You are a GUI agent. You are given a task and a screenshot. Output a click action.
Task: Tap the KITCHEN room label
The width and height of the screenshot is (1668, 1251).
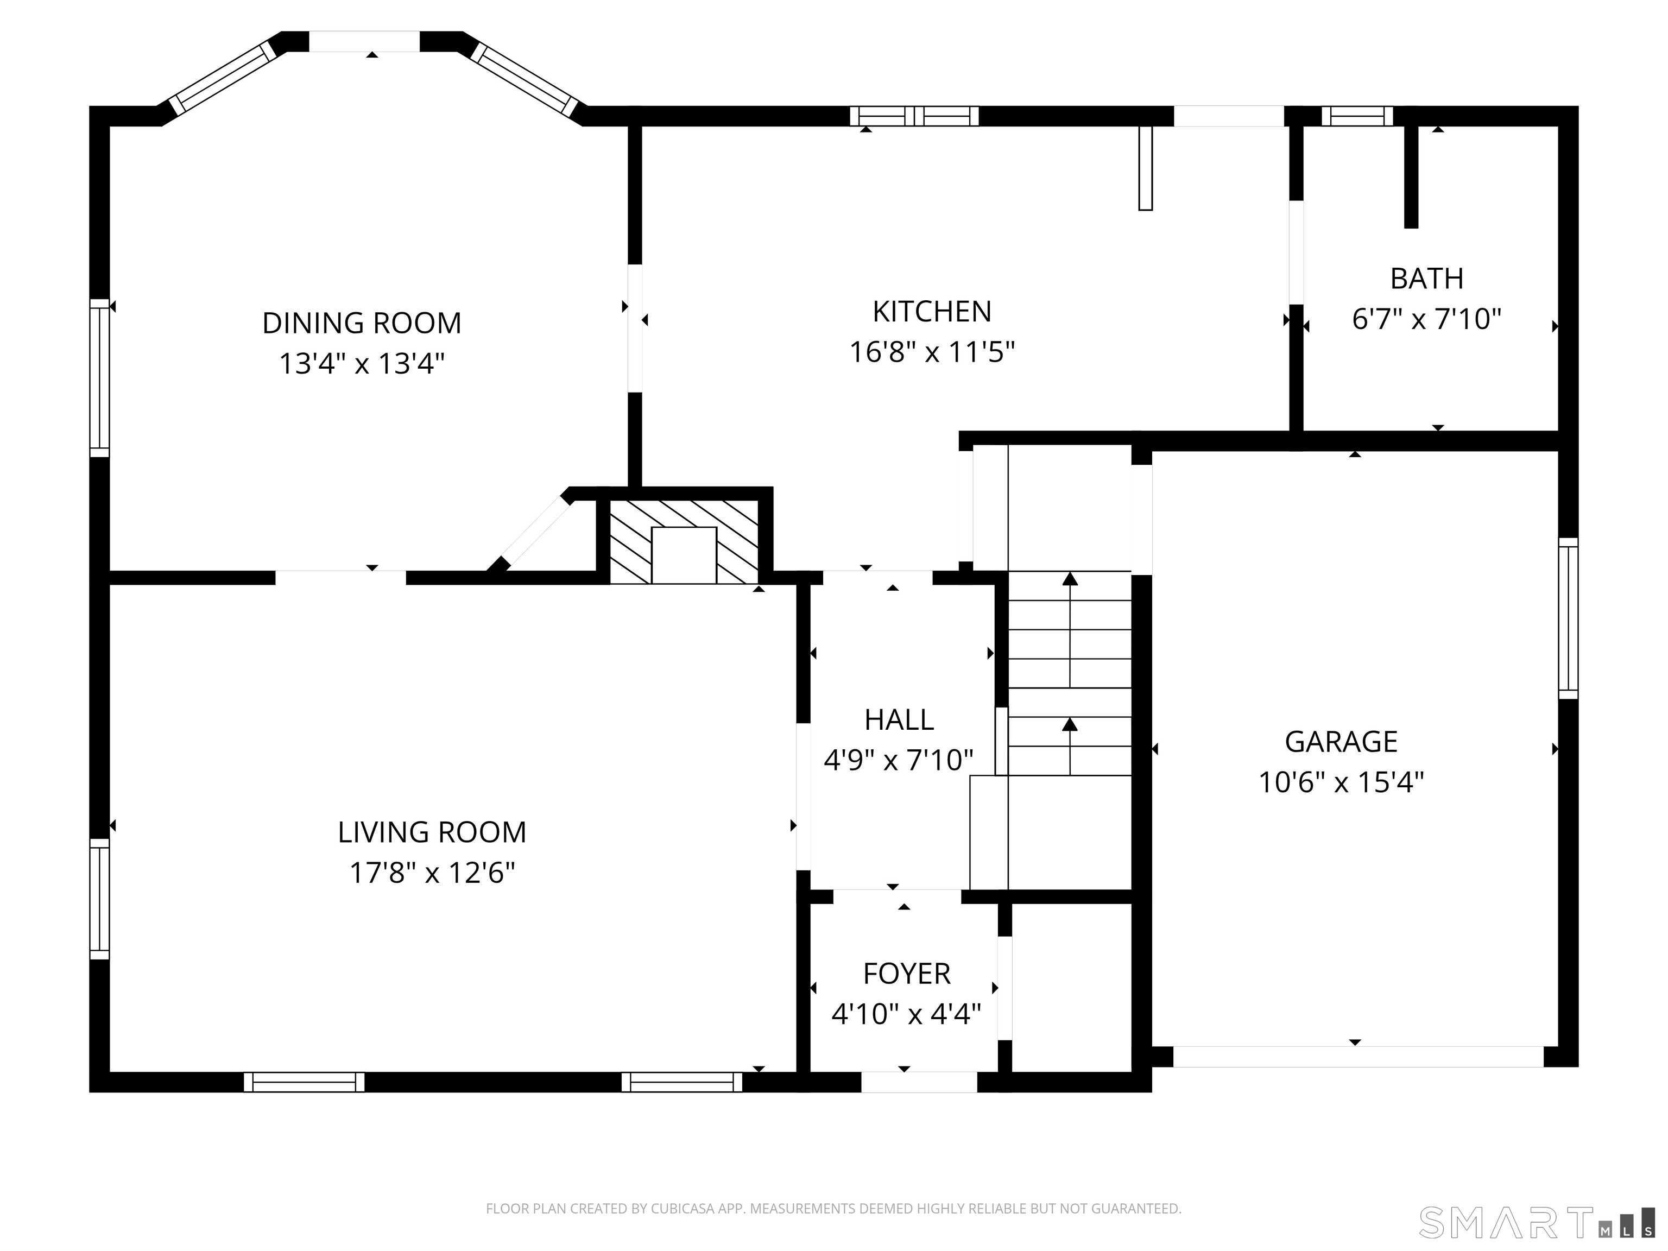[x=932, y=312]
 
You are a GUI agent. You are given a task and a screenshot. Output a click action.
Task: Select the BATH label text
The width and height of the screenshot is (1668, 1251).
[x=1427, y=279]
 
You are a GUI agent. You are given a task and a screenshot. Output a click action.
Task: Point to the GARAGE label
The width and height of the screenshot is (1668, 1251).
[x=1341, y=742]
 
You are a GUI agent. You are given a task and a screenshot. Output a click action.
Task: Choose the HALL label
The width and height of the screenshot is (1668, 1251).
[x=899, y=720]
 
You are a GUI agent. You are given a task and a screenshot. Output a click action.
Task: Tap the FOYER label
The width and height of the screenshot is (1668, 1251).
[x=906, y=974]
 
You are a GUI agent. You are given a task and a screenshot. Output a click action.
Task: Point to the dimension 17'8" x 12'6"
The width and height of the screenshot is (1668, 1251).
[x=432, y=873]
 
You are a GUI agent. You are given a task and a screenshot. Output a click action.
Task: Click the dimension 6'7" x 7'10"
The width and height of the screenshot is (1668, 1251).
[x=1427, y=319]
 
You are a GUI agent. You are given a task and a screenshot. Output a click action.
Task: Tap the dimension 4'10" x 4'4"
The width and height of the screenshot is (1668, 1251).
[x=906, y=1014]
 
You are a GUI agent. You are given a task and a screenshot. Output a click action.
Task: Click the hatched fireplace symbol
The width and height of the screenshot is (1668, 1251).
[x=684, y=541]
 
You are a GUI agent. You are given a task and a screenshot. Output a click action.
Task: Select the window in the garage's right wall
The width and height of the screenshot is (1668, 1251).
[x=1568, y=618]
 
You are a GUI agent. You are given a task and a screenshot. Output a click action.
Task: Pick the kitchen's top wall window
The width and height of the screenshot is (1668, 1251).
[x=914, y=116]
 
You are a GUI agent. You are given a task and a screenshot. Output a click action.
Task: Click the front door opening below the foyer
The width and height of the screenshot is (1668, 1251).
[x=919, y=1082]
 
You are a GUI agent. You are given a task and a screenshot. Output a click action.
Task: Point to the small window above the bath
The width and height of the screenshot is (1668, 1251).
[x=1356, y=116]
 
